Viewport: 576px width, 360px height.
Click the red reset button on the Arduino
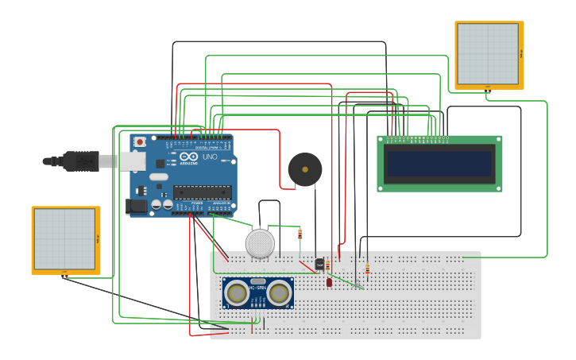(140, 142)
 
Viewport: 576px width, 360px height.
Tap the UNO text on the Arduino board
(209, 157)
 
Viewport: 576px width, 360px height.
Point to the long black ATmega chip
(203, 191)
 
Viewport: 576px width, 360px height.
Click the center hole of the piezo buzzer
(304, 168)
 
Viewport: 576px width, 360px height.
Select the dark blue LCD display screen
(439, 164)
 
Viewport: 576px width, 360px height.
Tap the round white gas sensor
(260, 243)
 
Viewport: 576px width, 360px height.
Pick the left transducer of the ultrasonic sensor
(236, 293)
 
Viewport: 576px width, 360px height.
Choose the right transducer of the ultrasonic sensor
(279, 293)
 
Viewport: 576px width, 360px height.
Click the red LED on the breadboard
(329, 281)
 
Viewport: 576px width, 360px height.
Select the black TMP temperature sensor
(319, 265)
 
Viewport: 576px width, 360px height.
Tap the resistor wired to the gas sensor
(300, 234)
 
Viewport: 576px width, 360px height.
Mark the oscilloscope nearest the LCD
(489, 55)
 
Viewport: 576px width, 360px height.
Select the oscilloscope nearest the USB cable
(66, 240)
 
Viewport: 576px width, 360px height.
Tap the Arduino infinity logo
(188, 157)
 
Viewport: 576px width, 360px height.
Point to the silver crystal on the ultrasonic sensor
(257, 281)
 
